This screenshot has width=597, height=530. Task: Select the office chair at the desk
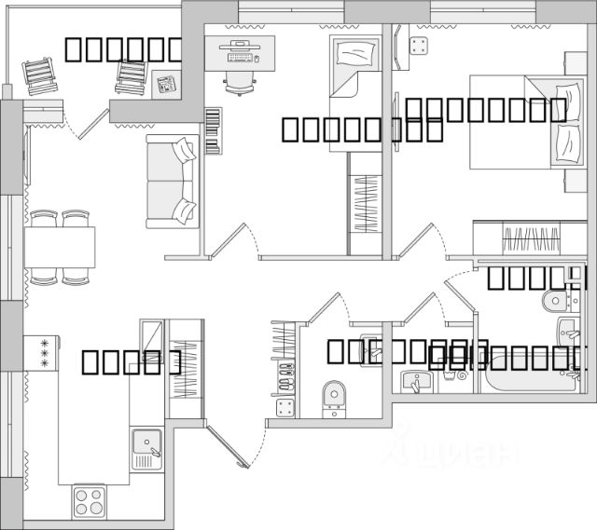coord(241,82)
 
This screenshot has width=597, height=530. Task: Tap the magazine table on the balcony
coord(167,84)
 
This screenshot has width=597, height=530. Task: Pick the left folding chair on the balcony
coord(40,75)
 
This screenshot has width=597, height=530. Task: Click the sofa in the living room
coord(172,180)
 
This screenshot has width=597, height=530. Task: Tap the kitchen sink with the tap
coord(146,447)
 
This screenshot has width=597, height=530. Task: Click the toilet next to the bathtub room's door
coord(554,300)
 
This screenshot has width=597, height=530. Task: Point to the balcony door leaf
coord(92,121)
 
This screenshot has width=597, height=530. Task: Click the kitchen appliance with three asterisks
coord(43,353)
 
